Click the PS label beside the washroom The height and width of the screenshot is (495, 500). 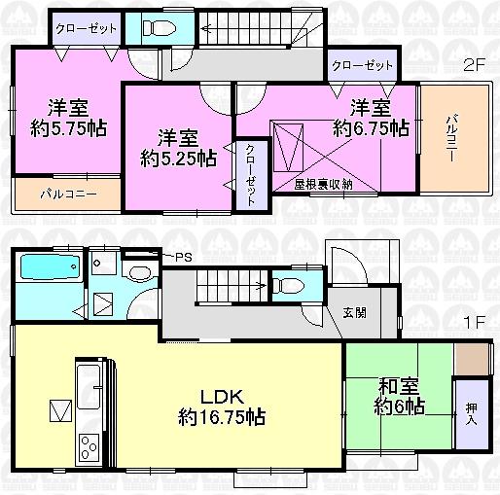pyautogui.click(x=182, y=257)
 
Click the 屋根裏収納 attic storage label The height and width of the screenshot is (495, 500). pyautogui.click(x=322, y=184)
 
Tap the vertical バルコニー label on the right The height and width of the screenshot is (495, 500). pyautogui.click(x=452, y=136)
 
